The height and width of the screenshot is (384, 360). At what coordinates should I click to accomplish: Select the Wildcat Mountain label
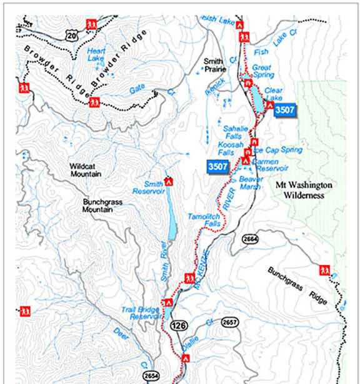click(86, 171)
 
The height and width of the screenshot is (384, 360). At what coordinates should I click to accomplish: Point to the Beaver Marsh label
click(250, 182)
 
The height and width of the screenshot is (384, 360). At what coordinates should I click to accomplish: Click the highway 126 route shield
click(177, 325)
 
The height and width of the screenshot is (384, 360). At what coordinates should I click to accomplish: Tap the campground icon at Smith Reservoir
click(168, 183)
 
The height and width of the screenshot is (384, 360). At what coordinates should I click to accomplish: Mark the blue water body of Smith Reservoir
click(171, 216)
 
